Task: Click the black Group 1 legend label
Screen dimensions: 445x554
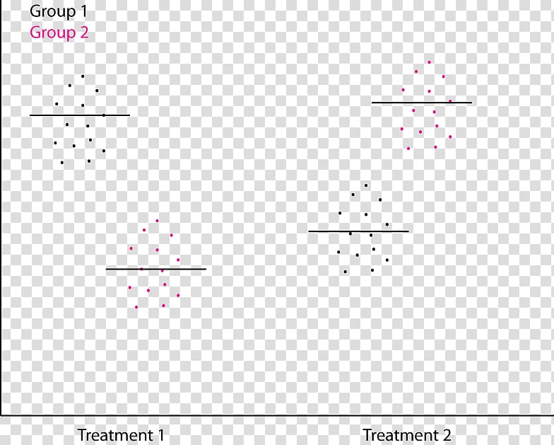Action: pos(59,12)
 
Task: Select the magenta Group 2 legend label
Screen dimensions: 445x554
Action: pos(59,33)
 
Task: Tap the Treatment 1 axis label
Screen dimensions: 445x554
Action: pos(120,434)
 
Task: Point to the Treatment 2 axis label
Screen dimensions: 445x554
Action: pos(406,434)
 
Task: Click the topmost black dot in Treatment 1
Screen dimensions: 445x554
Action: pos(83,76)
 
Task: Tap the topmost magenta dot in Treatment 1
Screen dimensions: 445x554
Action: pos(157,221)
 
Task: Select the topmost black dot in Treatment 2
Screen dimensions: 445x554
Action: pos(366,185)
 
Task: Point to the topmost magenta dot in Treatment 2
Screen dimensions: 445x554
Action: pos(429,62)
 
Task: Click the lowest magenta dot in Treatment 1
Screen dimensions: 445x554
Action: pos(136,307)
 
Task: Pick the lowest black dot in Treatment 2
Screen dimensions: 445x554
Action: pos(345,272)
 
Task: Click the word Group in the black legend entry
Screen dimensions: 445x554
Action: pos(50,12)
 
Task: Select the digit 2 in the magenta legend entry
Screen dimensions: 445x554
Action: pos(83,33)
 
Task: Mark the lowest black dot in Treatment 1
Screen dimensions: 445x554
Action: pos(62,163)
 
